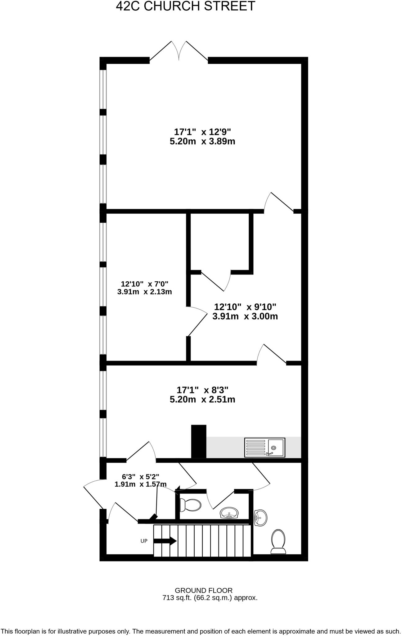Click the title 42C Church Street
[185, 6]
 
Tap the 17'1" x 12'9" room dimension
[202, 132]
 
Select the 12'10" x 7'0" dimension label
[144, 284]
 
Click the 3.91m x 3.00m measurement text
[245, 316]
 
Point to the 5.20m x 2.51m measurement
[202, 399]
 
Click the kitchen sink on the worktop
[264, 447]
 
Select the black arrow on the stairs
[165, 541]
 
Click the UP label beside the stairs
[144, 541]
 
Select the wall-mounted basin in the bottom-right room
[260, 518]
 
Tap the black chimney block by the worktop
[198, 441]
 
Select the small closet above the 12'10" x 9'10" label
[219, 241]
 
